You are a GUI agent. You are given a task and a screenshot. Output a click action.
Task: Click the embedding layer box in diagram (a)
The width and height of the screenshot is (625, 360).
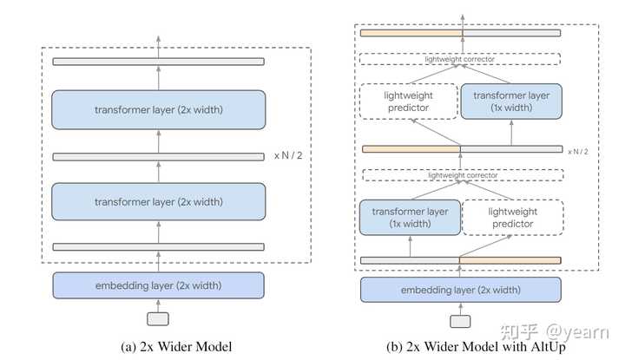(x=158, y=285)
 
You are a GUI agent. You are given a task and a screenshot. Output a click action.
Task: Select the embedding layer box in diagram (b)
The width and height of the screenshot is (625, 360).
(x=461, y=290)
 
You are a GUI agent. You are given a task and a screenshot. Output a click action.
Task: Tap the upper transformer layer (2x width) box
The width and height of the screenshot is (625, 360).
(x=158, y=110)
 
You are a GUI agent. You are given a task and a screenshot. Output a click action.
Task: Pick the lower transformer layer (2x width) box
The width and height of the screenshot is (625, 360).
(x=158, y=201)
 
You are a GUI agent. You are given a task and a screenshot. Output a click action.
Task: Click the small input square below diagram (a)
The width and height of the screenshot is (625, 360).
(x=158, y=318)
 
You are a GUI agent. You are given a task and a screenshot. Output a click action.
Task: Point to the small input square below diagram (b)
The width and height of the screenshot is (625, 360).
(x=461, y=321)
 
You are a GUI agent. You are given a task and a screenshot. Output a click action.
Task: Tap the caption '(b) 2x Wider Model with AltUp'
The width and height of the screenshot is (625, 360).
(x=461, y=347)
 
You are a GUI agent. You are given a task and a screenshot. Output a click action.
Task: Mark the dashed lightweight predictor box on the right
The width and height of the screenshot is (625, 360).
(x=511, y=217)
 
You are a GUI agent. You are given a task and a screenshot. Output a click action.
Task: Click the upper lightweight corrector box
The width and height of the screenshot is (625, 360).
(x=461, y=60)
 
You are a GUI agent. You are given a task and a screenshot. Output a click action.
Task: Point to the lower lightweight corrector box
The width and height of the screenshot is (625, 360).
(x=461, y=175)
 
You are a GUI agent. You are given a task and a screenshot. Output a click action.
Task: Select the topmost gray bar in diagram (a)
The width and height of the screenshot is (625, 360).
(x=158, y=62)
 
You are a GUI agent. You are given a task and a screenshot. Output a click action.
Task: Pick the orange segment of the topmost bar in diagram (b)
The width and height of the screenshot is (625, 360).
(x=411, y=33)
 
